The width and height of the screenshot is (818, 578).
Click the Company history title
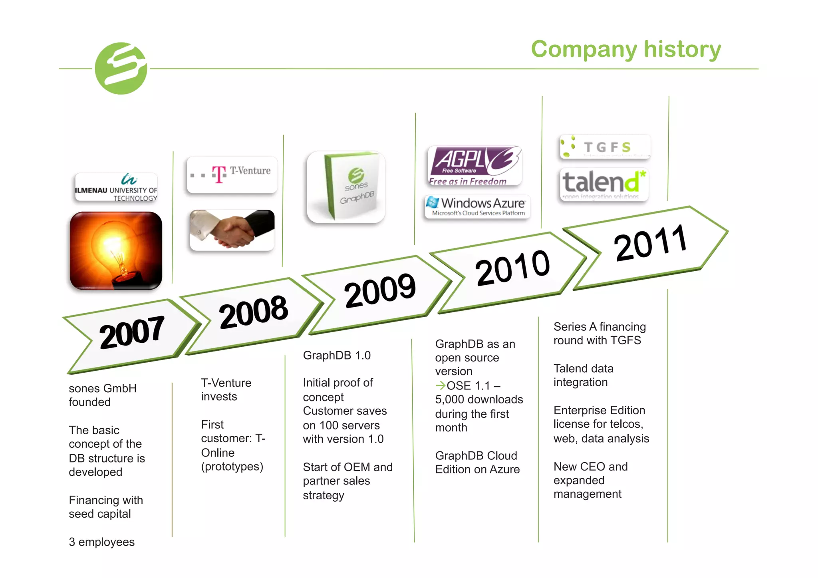625,49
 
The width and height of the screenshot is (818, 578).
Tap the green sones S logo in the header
121,68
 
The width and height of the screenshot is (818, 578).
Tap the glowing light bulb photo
116,250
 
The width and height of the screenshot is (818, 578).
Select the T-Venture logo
232,175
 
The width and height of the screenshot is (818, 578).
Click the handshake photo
232,230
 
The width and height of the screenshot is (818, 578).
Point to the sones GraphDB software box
346,187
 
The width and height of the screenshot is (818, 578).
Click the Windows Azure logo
478,207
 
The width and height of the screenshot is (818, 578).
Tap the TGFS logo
605,147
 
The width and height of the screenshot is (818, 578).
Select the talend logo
604,184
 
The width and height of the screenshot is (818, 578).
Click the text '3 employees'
101,542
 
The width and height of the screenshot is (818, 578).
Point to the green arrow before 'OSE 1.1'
440,385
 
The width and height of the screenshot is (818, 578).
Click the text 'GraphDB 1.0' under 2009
337,355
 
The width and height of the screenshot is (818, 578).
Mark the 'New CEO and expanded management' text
590,480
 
